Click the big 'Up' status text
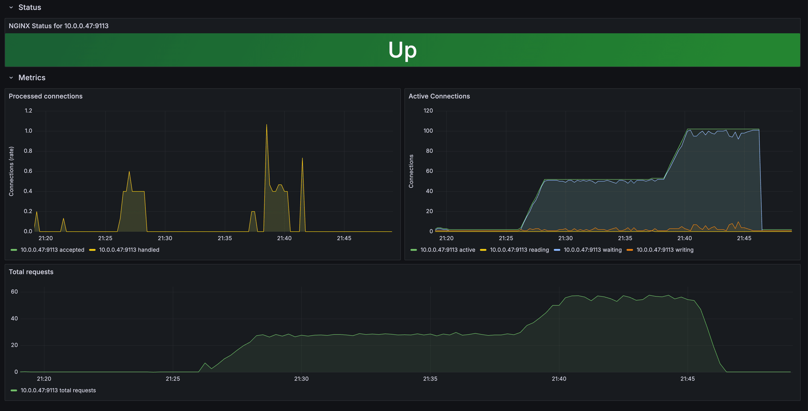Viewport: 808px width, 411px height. pos(402,50)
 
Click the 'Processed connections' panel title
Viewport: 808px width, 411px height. pos(45,96)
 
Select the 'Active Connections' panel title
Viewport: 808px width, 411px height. pos(439,96)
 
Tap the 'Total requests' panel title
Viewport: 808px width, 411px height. pos(31,272)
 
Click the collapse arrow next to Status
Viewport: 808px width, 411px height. pos(11,7)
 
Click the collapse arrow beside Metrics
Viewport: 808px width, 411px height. pos(11,77)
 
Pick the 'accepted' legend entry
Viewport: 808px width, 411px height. pos(52,250)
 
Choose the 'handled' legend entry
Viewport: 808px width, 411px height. pos(129,250)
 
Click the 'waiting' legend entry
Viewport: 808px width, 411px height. pos(592,250)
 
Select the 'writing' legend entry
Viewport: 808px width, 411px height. pos(665,250)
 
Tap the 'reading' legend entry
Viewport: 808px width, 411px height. pos(519,250)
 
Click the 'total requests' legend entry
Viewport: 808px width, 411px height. pos(58,390)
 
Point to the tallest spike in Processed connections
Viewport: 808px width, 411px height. pos(267,125)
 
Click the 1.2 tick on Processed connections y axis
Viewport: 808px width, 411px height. pos(29,110)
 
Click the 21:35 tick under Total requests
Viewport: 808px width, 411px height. pos(430,379)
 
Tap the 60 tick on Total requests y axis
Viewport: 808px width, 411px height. pos(14,292)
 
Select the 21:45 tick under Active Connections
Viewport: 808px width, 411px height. pos(744,238)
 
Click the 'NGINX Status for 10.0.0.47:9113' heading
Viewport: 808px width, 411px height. pos(59,26)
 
